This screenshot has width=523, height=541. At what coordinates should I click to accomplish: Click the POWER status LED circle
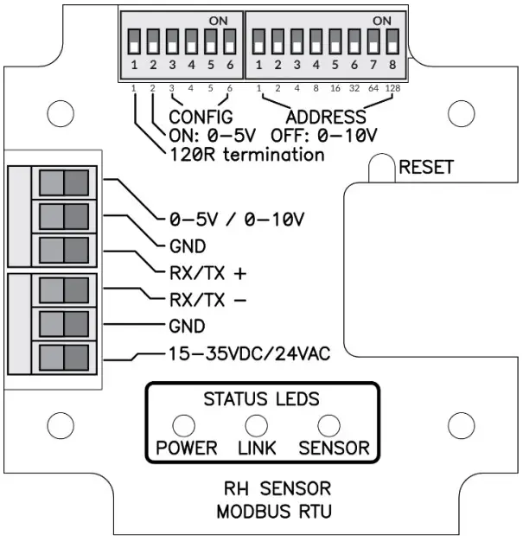(185, 424)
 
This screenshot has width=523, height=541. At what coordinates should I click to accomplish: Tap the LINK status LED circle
(256, 424)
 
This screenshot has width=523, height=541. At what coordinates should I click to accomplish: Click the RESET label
(425, 168)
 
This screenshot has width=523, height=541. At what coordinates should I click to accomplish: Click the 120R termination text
(244, 155)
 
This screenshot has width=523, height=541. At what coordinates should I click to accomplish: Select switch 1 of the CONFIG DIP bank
(135, 41)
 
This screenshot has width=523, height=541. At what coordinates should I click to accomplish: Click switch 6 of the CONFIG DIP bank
(229, 41)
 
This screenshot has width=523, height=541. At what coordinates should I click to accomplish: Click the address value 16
(333, 89)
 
